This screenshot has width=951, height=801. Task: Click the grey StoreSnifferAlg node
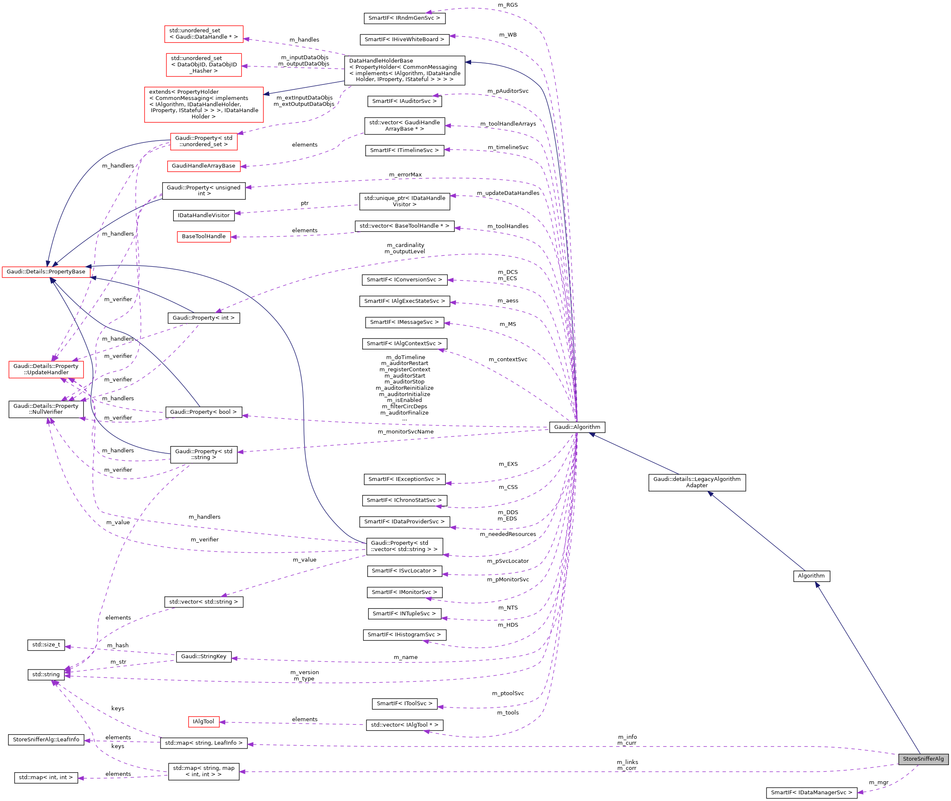pos(922,759)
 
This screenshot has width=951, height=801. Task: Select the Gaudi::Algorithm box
pos(577,427)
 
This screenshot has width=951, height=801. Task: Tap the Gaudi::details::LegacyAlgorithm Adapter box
pos(697,482)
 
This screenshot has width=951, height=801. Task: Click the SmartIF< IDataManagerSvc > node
pos(811,792)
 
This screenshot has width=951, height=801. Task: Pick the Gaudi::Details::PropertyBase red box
pos(46,271)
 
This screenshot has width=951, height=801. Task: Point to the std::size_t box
pos(46,645)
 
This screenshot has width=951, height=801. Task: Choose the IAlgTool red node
pos(203,722)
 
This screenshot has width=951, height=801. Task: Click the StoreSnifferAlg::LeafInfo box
pos(46,740)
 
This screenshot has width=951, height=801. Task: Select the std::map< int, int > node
pos(45,777)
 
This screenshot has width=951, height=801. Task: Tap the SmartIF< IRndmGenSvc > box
pos(404,18)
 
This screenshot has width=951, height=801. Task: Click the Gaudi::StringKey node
pos(203,656)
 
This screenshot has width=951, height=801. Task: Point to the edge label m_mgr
pos(878,783)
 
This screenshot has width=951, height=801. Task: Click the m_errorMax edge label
pos(405,175)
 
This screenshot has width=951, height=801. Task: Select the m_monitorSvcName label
pos(405,431)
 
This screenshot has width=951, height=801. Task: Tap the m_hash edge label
pos(118,645)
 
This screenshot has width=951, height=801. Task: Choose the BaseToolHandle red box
pos(203,236)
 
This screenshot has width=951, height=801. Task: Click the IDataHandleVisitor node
pos(203,215)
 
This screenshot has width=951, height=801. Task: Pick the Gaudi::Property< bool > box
pos(203,412)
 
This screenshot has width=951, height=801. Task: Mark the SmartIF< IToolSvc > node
pos(404,704)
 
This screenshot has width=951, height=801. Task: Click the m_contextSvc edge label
pos(508,359)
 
